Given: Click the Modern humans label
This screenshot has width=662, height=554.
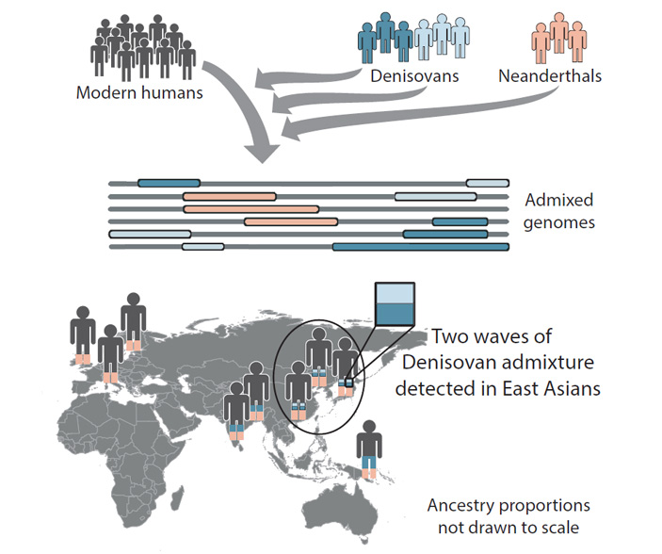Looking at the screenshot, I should click(140, 93).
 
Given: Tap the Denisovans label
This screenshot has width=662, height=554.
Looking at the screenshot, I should click(415, 76).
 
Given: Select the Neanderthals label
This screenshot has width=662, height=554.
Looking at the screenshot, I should click(551, 76).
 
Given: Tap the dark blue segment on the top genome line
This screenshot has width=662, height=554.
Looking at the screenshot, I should click(169, 182).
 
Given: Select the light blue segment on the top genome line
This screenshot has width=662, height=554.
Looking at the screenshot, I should click(487, 182).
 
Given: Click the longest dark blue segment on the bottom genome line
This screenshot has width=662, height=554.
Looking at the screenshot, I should click(420, 247).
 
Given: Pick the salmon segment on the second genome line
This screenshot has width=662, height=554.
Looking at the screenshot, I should click(229, 196).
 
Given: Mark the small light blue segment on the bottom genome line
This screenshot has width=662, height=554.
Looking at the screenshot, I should click(202, 247).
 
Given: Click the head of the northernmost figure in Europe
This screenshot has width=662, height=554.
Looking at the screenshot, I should click(133, 299).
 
